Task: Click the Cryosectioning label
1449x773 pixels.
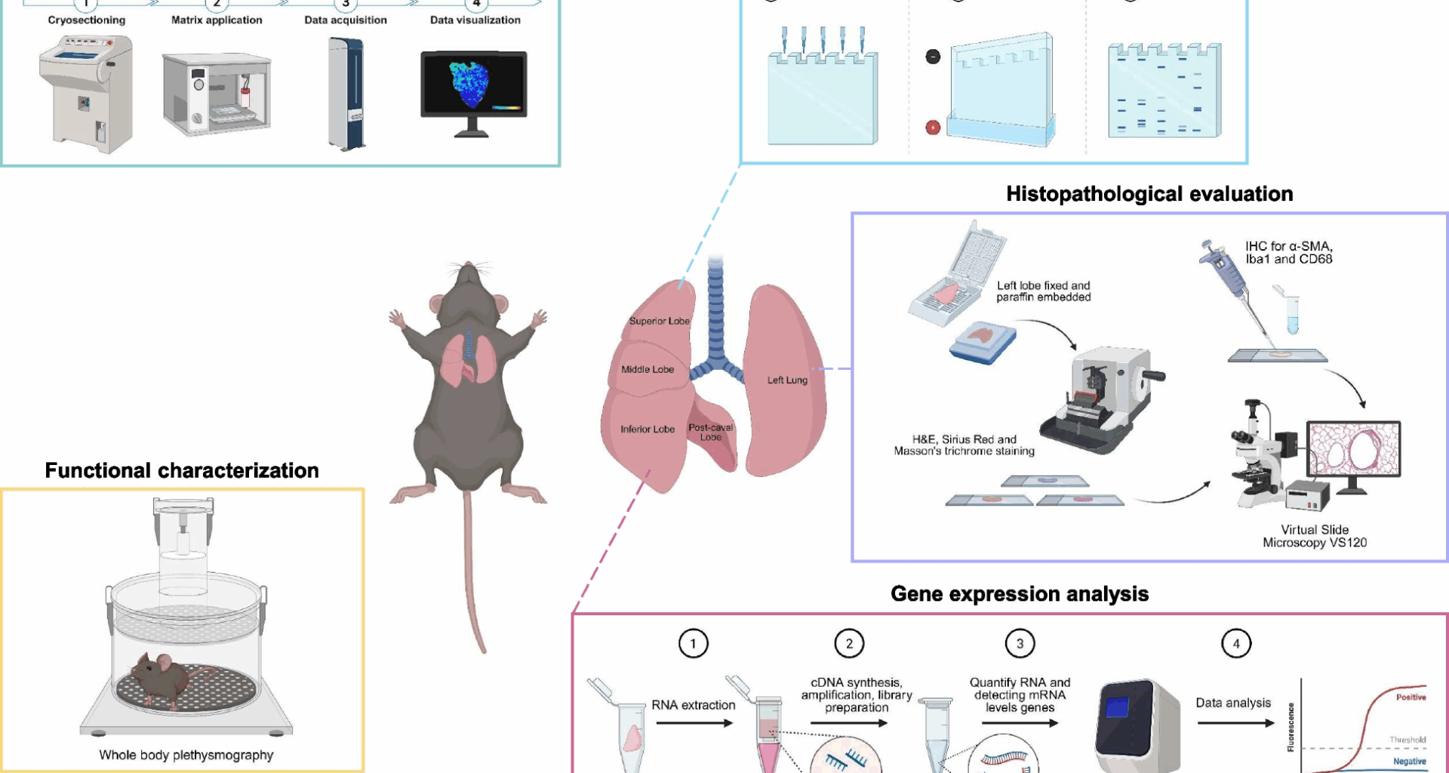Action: point(86,20)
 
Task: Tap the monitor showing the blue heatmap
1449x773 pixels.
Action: point(473,85)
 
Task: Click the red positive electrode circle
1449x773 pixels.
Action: point(933,128)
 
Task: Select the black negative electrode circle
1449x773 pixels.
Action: point(933,57)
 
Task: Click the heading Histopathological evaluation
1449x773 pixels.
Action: point(1149,194)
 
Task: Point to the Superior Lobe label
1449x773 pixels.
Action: point(659,321)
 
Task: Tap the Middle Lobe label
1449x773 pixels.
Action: point(647,369)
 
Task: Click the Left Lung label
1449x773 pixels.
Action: point(786,380)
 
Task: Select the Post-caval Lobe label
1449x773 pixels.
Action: point(710,432)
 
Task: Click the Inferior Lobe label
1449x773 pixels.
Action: point(647,429)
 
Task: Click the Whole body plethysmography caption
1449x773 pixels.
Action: point(186,755)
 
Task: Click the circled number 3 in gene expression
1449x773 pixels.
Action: point(1020,644)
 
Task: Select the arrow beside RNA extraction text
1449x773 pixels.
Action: point(694,723)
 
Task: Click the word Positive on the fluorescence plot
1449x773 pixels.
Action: point(1410,697)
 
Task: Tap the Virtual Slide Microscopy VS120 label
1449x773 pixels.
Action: point(1314,536)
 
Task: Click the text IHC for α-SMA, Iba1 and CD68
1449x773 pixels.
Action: point(1288,253)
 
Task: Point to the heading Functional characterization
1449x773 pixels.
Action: point(181,470)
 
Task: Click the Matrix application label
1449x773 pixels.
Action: point(217,20)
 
